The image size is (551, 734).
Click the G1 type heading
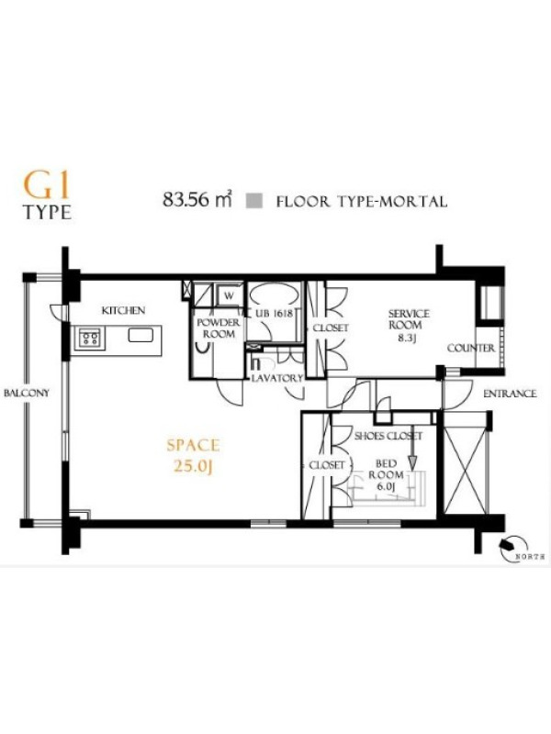tap(47, 196)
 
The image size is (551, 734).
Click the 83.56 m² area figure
tap(197, 200)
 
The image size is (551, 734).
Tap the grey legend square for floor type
tap(255, 200)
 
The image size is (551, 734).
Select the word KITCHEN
tap(124, 310)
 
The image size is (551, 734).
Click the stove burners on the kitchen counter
tap(89, 338)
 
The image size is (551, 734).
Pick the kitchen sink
tap(141, 335)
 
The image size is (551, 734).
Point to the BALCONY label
tap(27, 393)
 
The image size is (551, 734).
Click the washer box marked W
tap(230, 295)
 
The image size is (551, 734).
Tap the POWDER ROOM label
tap(219, 328)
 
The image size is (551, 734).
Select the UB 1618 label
tap(274, 314)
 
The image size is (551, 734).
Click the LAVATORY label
tap(277, 378)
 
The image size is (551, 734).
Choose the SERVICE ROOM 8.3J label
tap(409, 326)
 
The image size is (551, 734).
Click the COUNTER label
tap(471, 349)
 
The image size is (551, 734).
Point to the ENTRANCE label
tap(510, 394)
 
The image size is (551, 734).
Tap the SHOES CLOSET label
tap(388, 437)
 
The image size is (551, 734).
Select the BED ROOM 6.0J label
tap(386, 475)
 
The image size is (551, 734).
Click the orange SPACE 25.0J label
tap(193, 455)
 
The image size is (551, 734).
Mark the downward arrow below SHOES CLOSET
tap(412, 456)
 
